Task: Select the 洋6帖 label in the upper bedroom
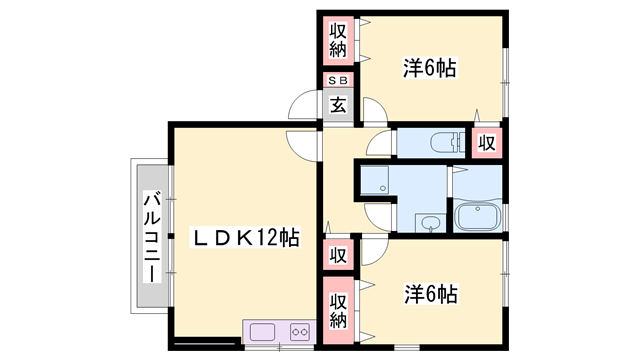point(430,68)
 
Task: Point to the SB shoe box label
point(339,82)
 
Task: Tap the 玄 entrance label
point(339,105)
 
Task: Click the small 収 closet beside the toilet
point(487,142)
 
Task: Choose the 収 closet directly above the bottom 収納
point(339,255)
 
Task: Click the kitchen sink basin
point(263,331)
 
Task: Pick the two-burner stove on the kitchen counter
point(299,331)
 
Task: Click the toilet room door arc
point(381,147)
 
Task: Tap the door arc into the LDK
point(301,146)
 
